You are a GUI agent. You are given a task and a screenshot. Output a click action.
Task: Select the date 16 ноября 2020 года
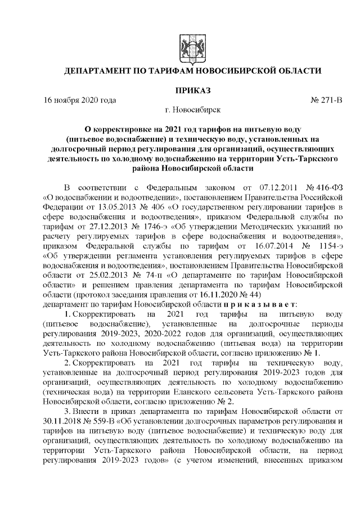tap(80, 101)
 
